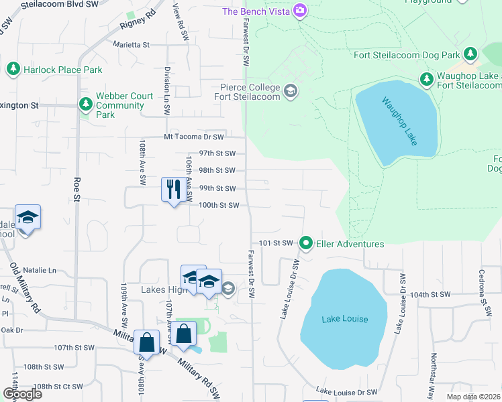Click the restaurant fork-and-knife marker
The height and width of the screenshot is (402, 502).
(x=173, y=190)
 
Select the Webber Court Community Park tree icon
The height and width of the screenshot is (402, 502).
(x=85, y=105)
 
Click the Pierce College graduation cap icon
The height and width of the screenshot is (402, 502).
(x=291, y=91)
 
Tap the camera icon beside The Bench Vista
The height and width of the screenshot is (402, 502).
(x=300, y=11)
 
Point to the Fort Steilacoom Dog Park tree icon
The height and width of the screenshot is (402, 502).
(x=470, y=54)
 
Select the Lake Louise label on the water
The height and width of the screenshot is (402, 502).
(x=344, y=319)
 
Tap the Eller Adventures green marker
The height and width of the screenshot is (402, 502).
(x=307, y=243)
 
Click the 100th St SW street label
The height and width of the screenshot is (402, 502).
(x=219, y=206)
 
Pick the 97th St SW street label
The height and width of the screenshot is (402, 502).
(x=217, y=153)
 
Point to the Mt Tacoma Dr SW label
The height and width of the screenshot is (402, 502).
(x=193, y=136)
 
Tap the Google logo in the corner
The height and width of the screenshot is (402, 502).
(x=21, y=394)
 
